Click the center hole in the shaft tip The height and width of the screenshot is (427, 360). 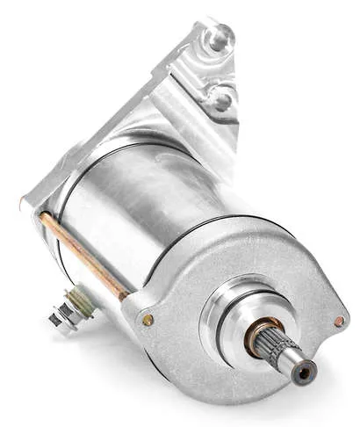coord(304,373)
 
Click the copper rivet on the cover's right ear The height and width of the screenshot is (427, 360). coord(338,322)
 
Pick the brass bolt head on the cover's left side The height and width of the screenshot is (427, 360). coord(148,321)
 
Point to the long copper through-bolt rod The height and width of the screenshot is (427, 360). coord(83,256)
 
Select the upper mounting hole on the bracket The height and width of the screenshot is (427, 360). coord(216,38)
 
